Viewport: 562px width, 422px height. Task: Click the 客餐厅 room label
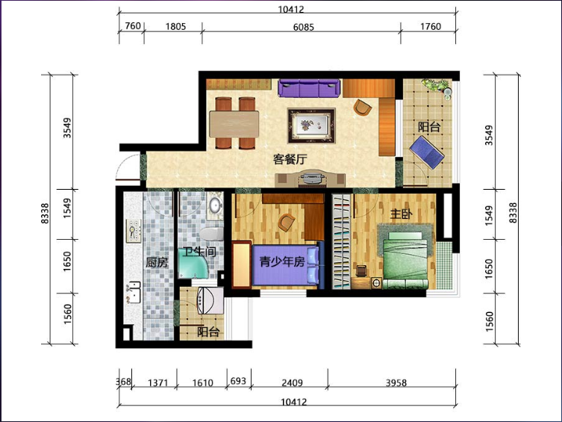pos(290,159)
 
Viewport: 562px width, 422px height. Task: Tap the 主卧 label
pos(401,214)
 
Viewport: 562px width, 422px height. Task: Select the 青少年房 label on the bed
pos(282,261)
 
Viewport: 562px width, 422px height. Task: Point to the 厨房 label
pos(157,262)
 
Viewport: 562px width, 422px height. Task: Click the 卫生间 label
pos(199,252)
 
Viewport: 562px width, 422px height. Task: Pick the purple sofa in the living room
pos(309,88)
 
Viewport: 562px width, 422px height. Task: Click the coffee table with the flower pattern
pos(311,125)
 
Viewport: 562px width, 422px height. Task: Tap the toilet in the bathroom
pos(211,234)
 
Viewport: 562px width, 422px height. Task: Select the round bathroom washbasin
pos(215,205)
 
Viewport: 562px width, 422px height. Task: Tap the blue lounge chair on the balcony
pos(427,152)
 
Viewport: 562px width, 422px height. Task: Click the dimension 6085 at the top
pos(303,27)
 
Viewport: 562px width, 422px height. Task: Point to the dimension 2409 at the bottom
pos(292,382)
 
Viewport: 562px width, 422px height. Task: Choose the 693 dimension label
pos(238,381)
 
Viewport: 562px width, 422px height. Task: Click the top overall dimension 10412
pos(291,9)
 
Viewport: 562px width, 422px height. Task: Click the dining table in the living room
pos(234,124)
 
